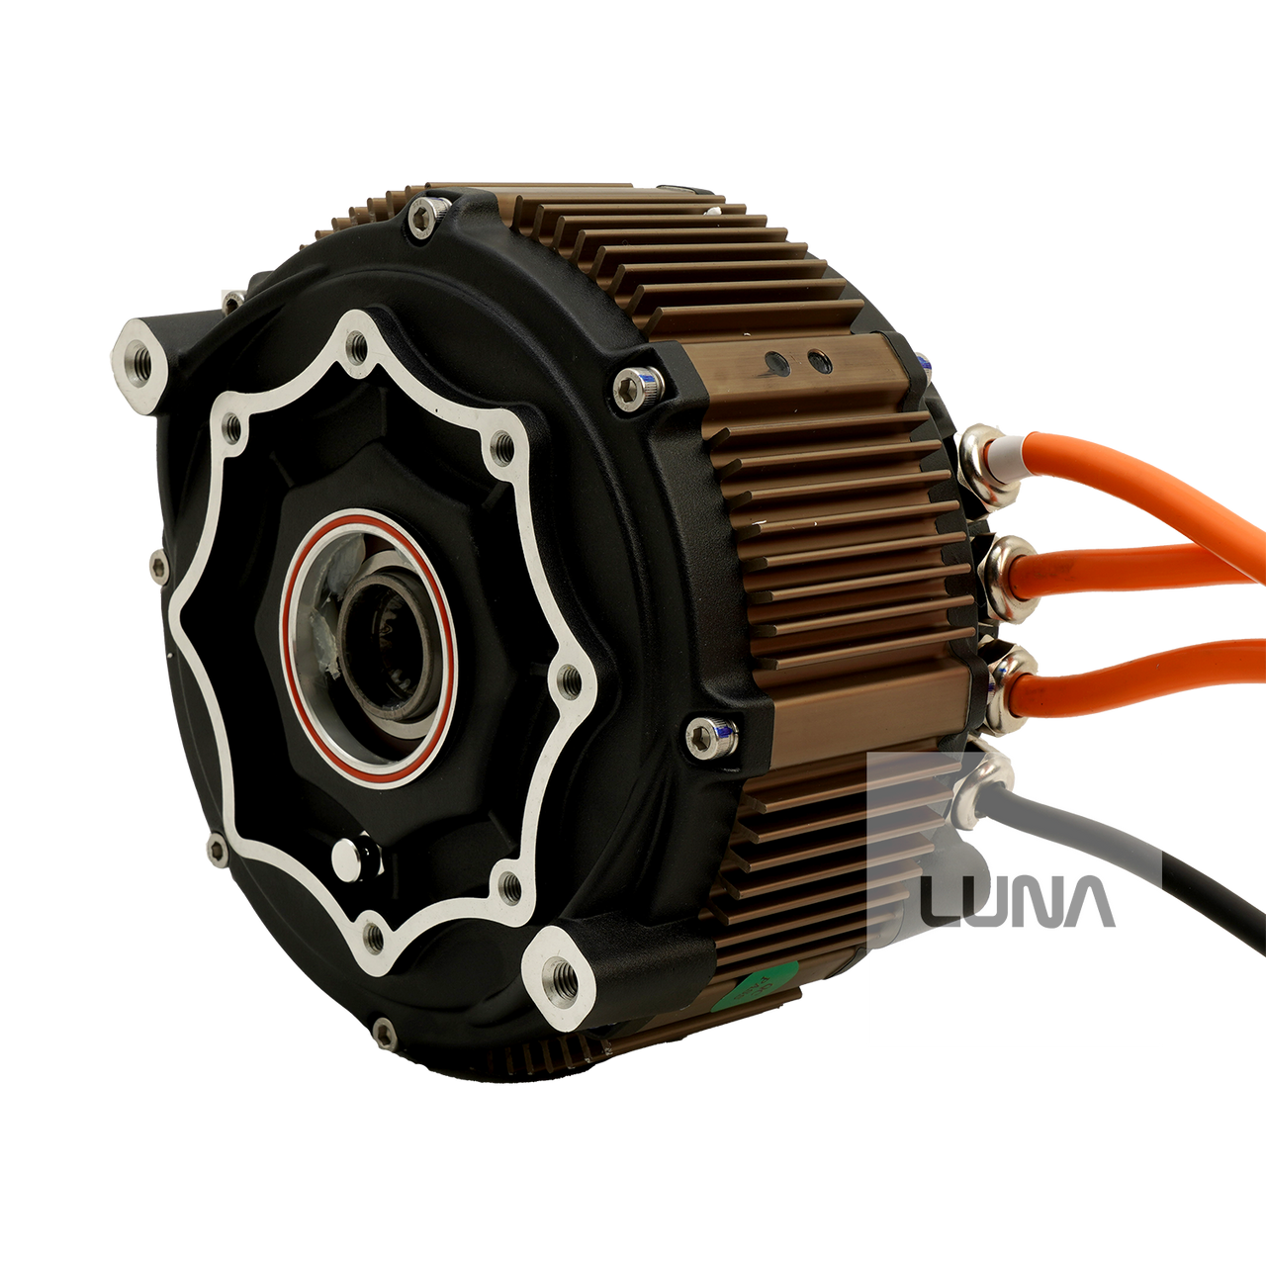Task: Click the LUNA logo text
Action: (x=1018, y=901)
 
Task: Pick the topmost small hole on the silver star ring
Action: (x=352, y=347)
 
